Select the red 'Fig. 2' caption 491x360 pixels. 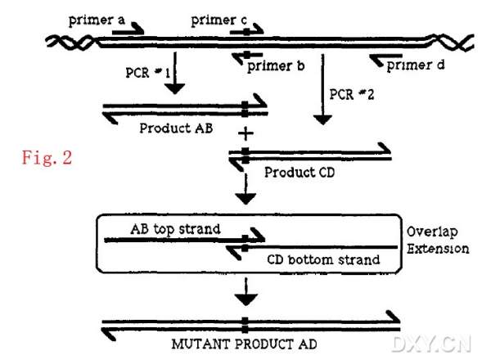[47, 157]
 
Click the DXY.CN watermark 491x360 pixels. [432, 343]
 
